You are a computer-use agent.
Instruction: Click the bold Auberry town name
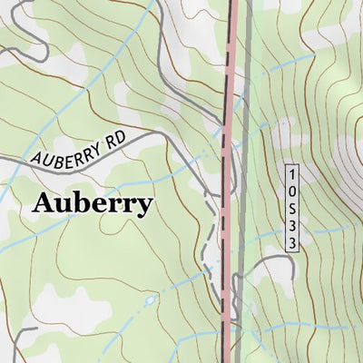(x=92, y=203)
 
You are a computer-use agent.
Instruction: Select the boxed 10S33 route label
(x=292, y=209)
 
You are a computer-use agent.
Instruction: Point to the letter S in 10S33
(x=292, y=209)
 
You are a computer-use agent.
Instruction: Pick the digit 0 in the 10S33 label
(x=292, y=190)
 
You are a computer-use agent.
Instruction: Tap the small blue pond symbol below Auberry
(x=149, y=299)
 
